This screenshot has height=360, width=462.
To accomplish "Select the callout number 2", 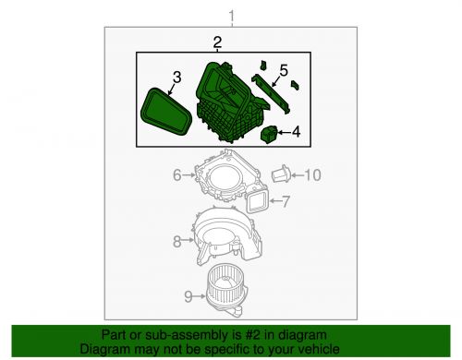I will click(x=217, y=42).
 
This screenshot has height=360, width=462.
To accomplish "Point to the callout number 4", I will click(x=296, y=133).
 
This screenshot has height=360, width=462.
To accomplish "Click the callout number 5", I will click(x=283, y=69).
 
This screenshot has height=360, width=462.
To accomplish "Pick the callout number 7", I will click(x=286, y=201).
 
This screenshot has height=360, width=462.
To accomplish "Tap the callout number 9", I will click(x=188, y=297).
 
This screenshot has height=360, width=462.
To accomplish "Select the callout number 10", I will click(x=311, y=174).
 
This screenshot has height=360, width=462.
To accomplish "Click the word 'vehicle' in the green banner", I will click(x=315, y=348).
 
